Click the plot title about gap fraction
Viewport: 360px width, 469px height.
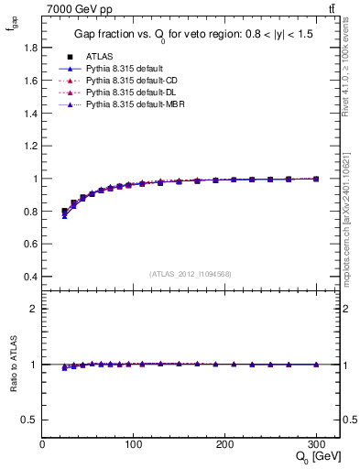pos(191,35)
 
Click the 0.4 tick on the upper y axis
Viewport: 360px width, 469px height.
pos(30,277)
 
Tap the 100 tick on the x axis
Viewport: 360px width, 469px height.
pos(134,444)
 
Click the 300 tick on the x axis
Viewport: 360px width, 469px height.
pos(317,444)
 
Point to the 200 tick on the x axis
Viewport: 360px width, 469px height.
pos(225,444)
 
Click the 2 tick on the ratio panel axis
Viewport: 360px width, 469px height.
pos(34,309)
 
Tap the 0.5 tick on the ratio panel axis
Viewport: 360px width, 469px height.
pos(30,420)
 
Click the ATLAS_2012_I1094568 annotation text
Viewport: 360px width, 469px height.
pos(191,273)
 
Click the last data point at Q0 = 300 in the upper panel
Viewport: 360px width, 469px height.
pos(317,180)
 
